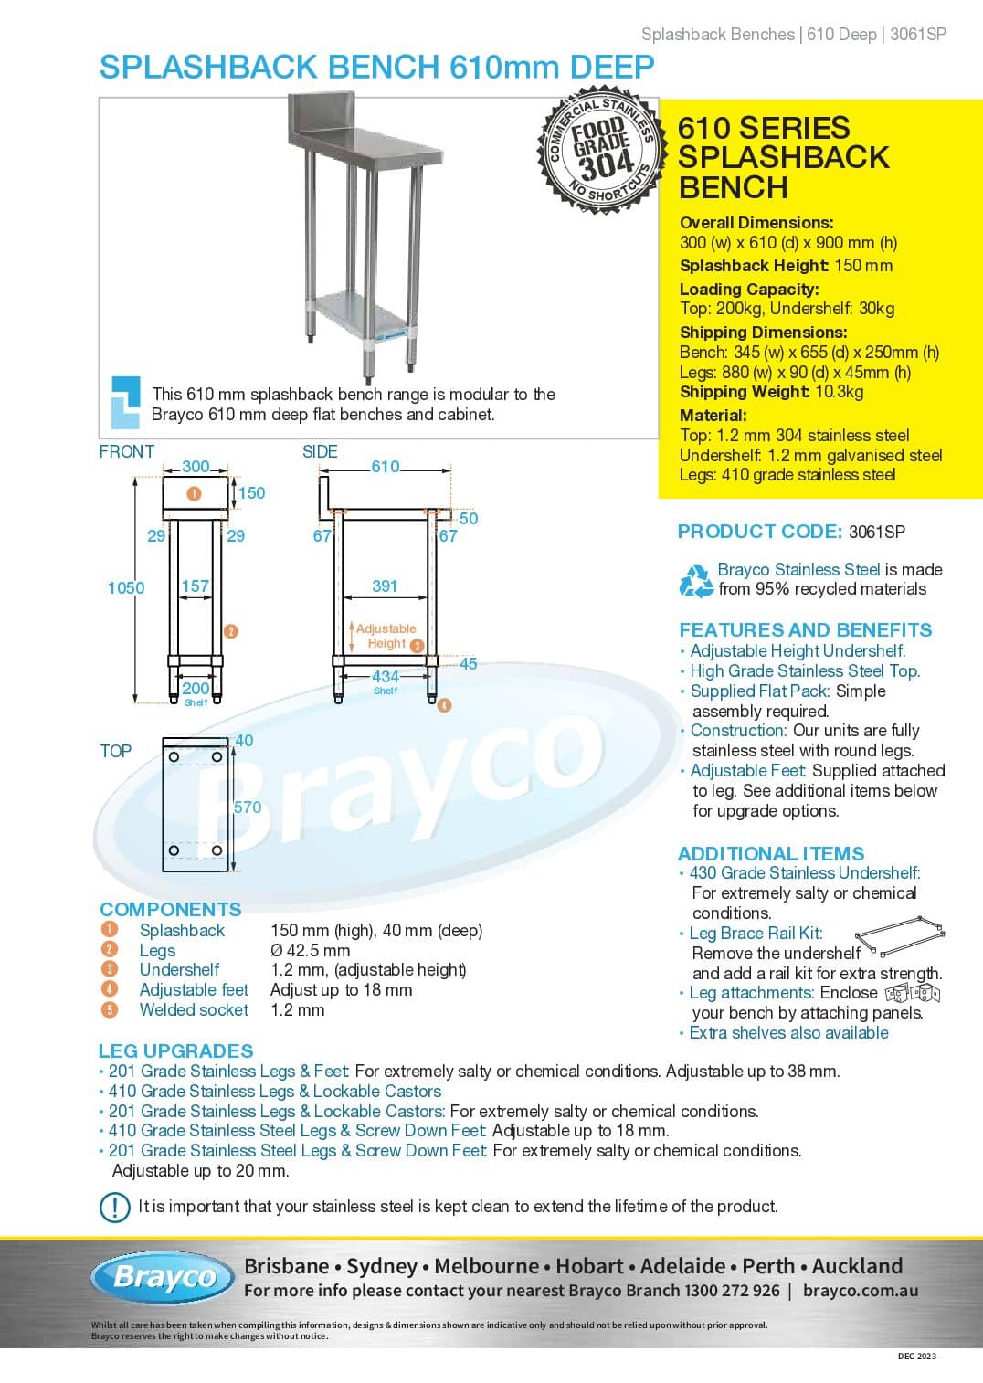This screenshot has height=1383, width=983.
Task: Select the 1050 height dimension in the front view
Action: point(126,588)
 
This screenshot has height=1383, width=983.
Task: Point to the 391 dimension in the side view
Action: point(385,586)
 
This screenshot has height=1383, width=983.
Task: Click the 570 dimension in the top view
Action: point(248,808)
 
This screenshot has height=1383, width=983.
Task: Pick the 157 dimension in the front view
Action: point(196,586)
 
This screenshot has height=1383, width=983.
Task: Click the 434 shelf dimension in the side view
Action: point(386,677)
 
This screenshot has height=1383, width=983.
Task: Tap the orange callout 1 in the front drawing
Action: point(194,493)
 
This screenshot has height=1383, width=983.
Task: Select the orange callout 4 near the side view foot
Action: point(444,705)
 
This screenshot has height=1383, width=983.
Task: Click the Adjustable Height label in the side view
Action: point(386,636)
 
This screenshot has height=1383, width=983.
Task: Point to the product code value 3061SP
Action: point(877,532)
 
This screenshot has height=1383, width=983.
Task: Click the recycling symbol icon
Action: point(696,580)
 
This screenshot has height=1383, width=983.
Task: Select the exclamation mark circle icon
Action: point(115,1207)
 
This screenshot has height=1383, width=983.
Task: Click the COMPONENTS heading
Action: point(171,910)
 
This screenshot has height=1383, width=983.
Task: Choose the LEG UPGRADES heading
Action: point(176,1051)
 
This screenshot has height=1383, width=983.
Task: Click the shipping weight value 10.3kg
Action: point(838,392)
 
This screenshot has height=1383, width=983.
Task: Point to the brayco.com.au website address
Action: point(861,1291)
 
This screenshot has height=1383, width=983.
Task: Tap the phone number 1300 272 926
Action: point(732,1291)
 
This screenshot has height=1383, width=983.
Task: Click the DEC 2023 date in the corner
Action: point(916,1357)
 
